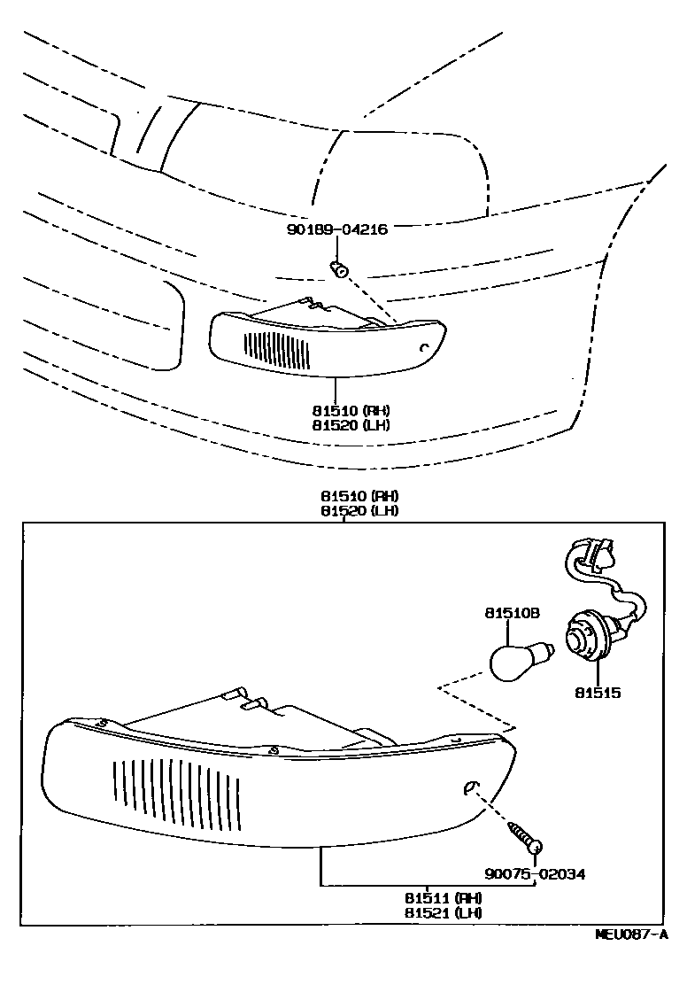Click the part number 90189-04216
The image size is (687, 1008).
337,228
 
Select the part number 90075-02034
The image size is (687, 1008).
535,874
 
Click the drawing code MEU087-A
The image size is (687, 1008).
630,934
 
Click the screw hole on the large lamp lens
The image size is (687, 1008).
471,787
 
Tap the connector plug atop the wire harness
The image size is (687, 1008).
591,554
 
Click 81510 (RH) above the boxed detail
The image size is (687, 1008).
352,496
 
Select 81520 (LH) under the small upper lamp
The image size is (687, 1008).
352,424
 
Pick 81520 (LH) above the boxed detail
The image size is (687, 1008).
352,510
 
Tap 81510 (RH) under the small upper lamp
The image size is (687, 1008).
352,411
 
